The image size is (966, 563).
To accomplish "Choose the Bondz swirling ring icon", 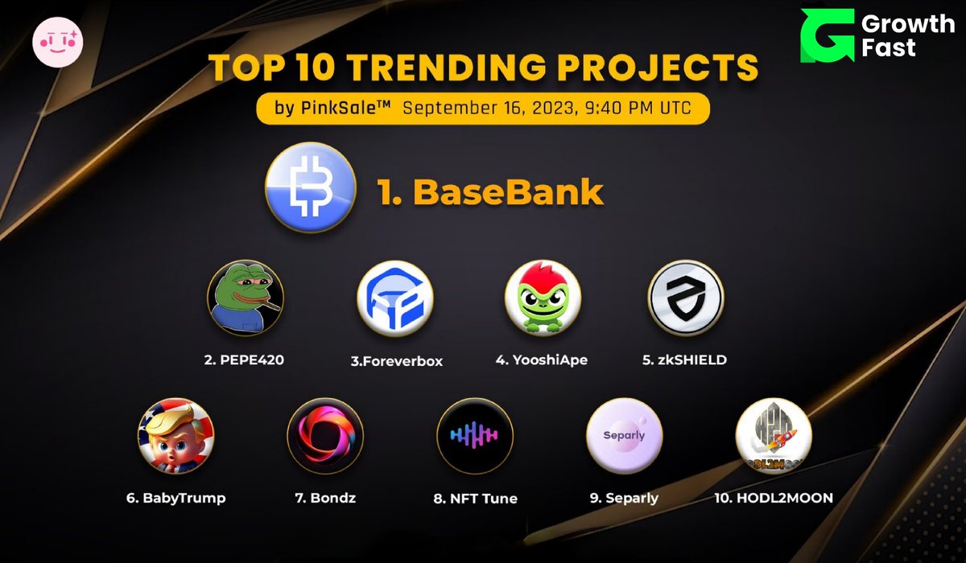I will [324, 435].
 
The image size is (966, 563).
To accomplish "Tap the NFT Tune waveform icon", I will [474, 435].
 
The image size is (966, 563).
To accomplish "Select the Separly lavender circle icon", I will [624, 435].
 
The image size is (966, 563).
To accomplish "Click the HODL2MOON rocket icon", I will [773, 435].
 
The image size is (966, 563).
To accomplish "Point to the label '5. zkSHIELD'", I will [684, 360].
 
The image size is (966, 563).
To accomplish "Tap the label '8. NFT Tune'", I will [475, 498].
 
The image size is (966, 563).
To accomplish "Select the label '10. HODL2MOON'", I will [773, 498].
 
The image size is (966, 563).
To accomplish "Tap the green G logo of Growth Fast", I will [825, 36].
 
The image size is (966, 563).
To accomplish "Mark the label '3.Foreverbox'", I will [396, 360].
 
